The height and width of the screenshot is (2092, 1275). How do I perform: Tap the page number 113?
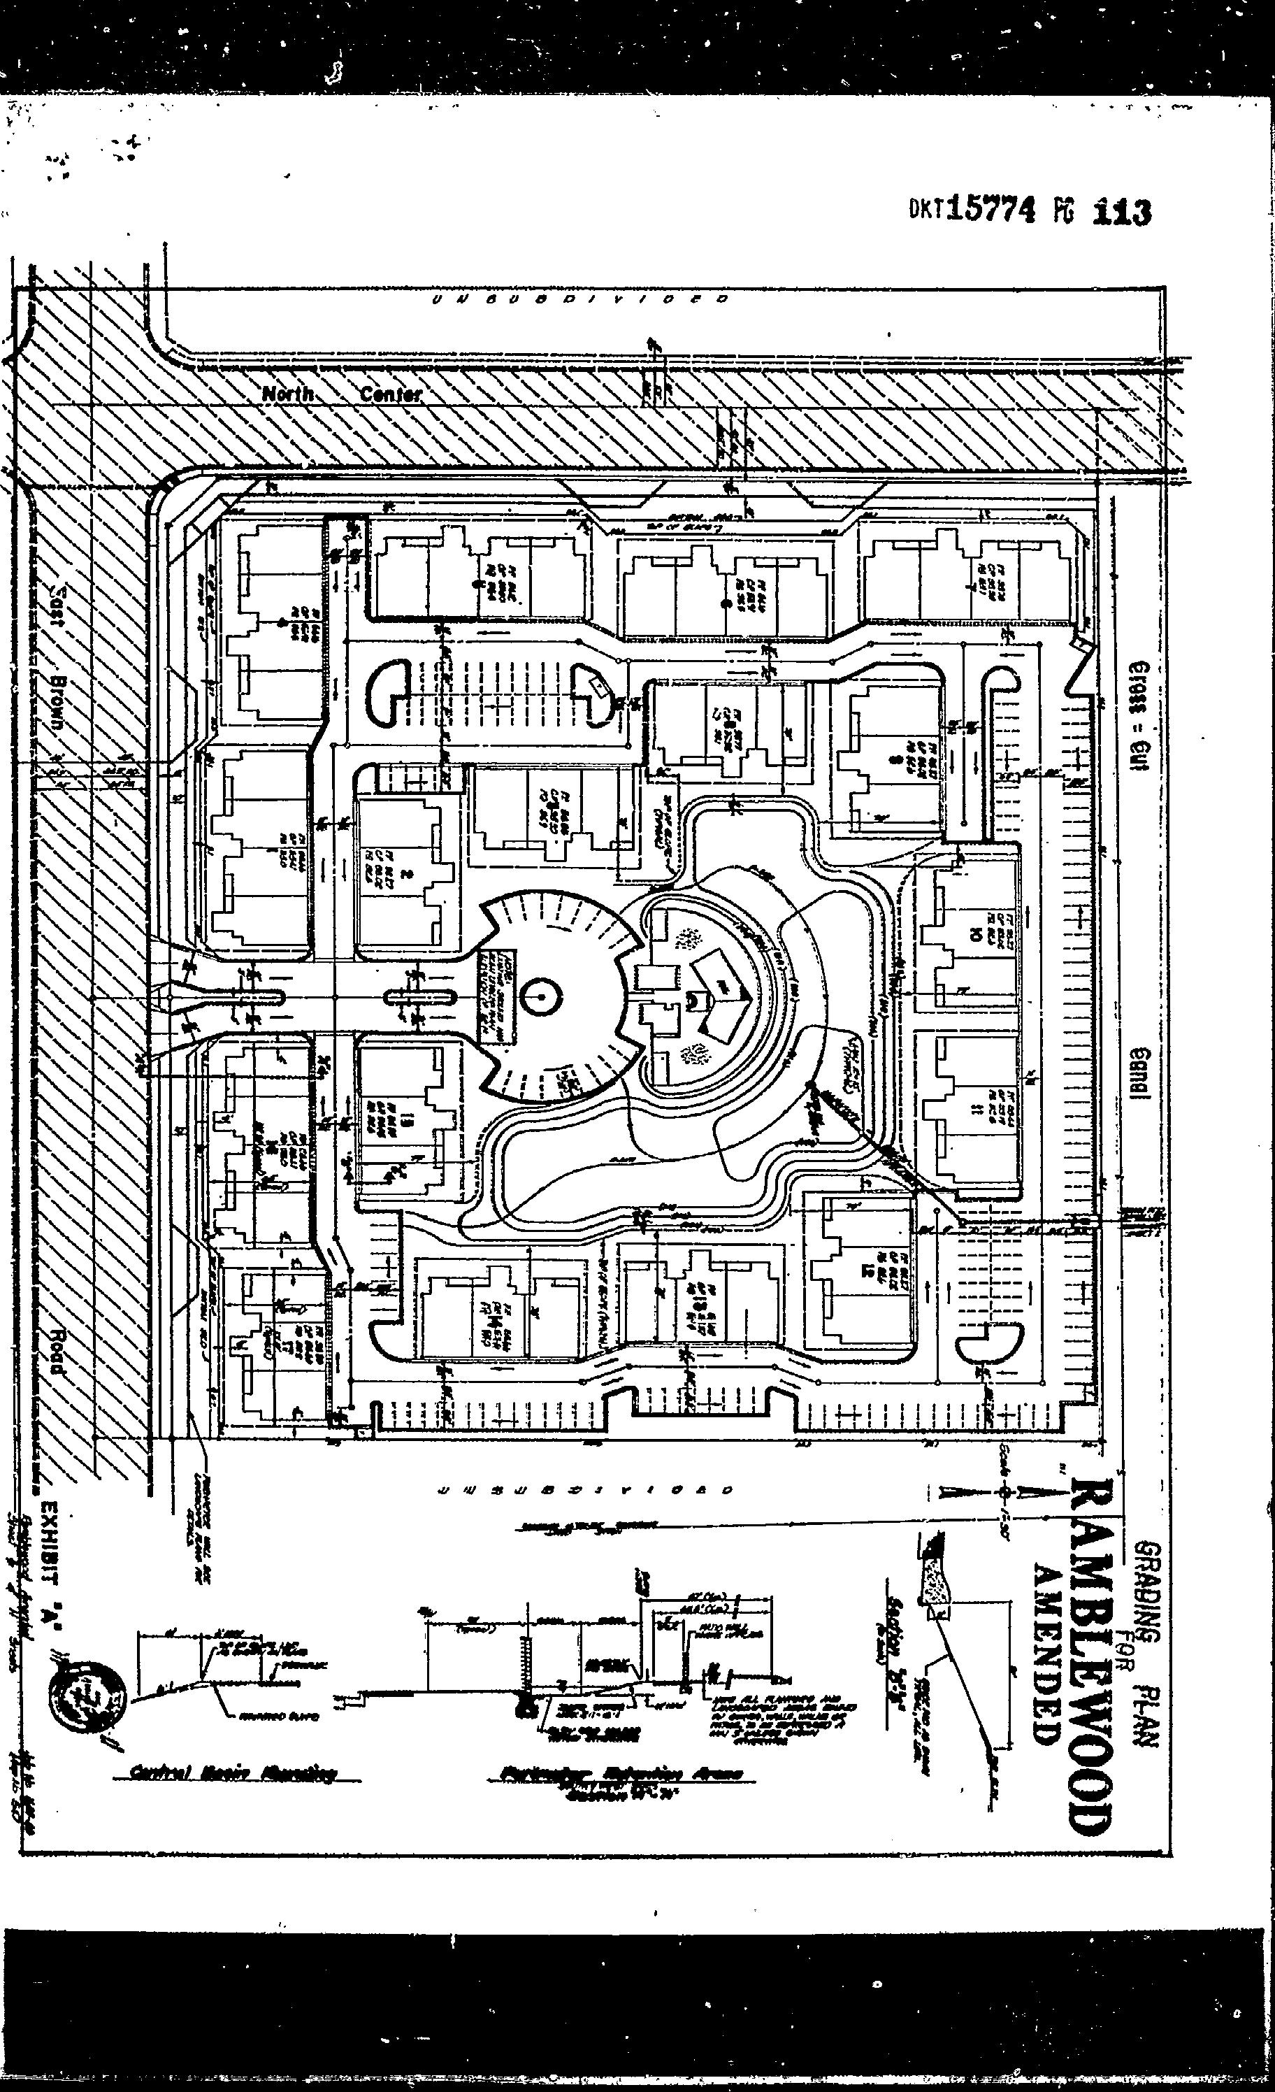tap(1121, 210)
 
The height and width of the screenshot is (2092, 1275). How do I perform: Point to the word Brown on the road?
tap(58, 705)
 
